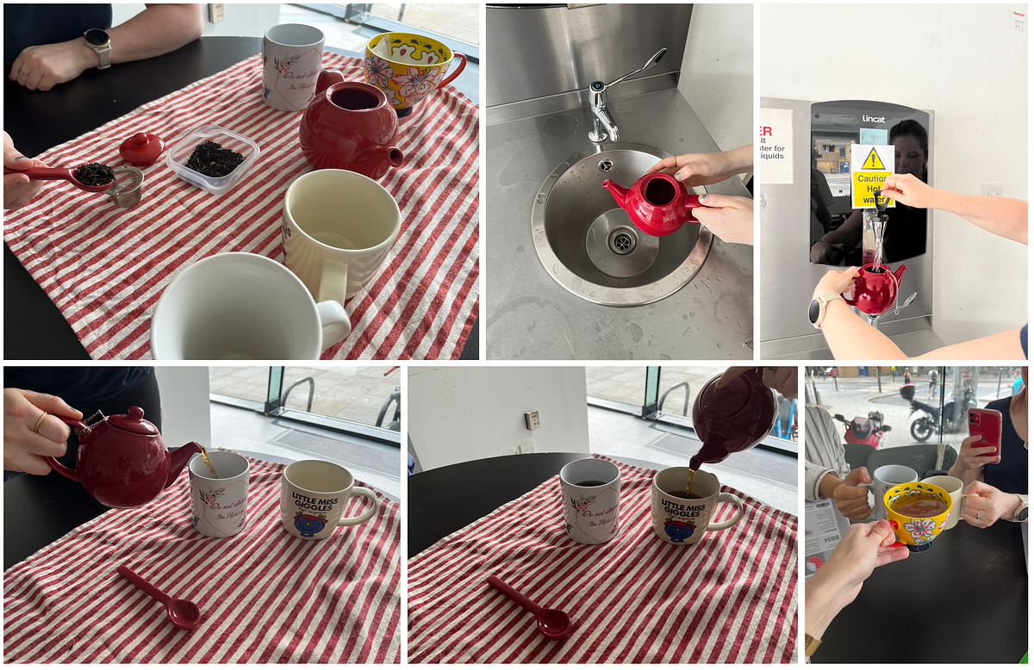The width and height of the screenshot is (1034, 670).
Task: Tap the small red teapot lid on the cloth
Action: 140,149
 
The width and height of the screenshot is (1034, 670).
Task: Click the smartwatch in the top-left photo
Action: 98,47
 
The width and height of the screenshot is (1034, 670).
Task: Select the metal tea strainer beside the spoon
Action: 127,187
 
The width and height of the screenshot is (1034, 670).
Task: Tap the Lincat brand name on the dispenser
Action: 873,119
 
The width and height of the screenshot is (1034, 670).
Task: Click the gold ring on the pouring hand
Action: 40,421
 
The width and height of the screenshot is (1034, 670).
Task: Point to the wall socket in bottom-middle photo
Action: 533,419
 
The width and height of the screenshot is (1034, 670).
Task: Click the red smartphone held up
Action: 984,431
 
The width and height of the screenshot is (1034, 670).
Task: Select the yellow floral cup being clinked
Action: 918,515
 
